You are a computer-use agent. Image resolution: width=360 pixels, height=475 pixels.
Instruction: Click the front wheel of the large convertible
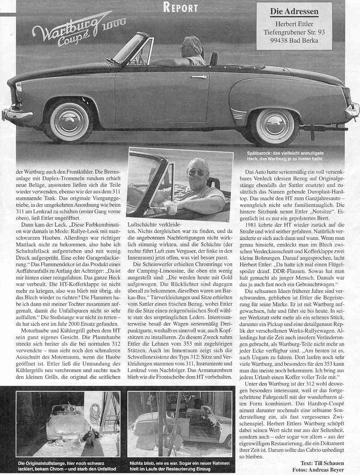69,120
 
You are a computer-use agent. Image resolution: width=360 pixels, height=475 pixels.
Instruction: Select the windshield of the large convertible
130,48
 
